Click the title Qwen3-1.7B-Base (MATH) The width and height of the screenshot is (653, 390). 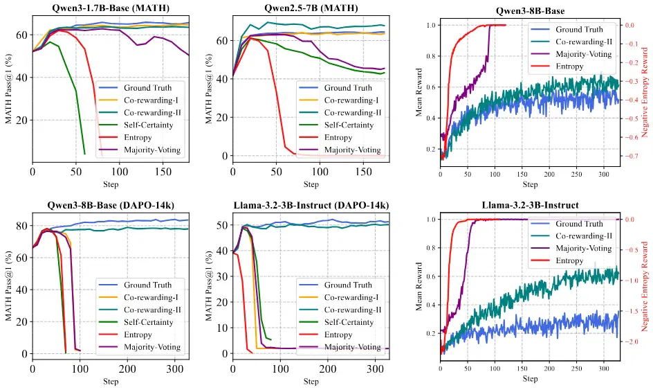coord(111,8)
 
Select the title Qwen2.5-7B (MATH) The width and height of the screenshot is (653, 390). coord(311,8)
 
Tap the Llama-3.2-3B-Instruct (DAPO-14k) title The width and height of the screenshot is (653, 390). coord(311,205)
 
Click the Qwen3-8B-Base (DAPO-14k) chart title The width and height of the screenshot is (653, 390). coord(111,205)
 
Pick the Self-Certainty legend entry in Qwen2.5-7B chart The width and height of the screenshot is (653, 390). coord(349,125)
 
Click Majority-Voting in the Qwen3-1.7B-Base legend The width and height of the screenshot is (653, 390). coord(152,150)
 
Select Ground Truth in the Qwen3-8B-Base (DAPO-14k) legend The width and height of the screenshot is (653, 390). coord(148,285)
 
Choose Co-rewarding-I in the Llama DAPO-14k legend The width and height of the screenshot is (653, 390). coord(351,297)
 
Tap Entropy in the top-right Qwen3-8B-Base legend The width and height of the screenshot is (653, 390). coord(569,67)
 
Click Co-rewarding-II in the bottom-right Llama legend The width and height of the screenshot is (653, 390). coord(584,236)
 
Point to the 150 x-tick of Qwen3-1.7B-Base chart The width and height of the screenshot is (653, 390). coord(163,171)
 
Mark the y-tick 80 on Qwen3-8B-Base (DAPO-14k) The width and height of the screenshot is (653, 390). coord(23,226)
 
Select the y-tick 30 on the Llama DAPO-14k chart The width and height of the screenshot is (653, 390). coord(223,276)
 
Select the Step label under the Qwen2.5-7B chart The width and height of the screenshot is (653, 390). coord(311,184)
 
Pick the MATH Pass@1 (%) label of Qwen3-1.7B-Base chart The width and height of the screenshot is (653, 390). coord(9,89)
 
